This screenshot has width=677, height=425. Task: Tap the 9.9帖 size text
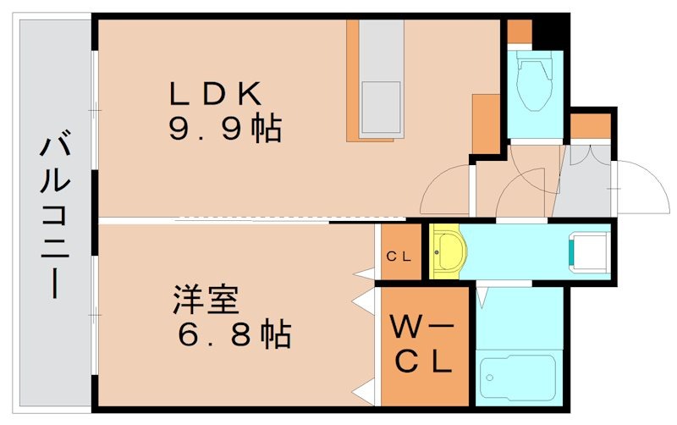click(223, 128)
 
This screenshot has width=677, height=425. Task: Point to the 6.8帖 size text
click(234, 335)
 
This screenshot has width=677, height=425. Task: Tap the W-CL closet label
click(423, 343)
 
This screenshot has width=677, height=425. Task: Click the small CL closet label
click(399, 257)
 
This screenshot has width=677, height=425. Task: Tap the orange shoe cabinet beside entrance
click(590, 125)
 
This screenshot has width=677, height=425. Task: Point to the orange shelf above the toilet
click(518, 31)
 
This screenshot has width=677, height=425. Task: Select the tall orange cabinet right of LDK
click(487, 124)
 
